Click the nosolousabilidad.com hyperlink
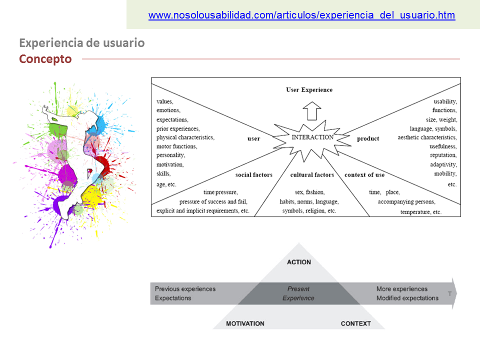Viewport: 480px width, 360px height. tap(301, 15)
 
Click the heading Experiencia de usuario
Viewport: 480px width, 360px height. tap(82, 43)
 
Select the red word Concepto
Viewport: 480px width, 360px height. tap(45, 59)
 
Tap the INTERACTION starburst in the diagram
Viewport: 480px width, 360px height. tap(312, 137)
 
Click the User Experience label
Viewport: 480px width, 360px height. tap(309, 90)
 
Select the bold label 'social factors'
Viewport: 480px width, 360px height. tap(253, 175)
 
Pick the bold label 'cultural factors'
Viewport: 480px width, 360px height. tap(312, 175)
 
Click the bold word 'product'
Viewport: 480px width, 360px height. tap(368, 138)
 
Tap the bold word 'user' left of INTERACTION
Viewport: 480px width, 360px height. tap(253, 138)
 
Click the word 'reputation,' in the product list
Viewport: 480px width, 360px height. tap(443, 155)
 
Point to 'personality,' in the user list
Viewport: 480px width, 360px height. tap(171, 155)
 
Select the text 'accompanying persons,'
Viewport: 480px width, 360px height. tap(406, 202)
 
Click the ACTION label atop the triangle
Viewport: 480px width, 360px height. tap(299, 262)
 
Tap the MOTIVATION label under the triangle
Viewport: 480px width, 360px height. tap(245, 323)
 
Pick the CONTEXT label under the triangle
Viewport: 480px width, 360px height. tap(355, 323)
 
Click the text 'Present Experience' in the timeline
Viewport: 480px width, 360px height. tap(298, 293)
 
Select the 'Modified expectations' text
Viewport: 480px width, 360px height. tap(407, 298)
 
